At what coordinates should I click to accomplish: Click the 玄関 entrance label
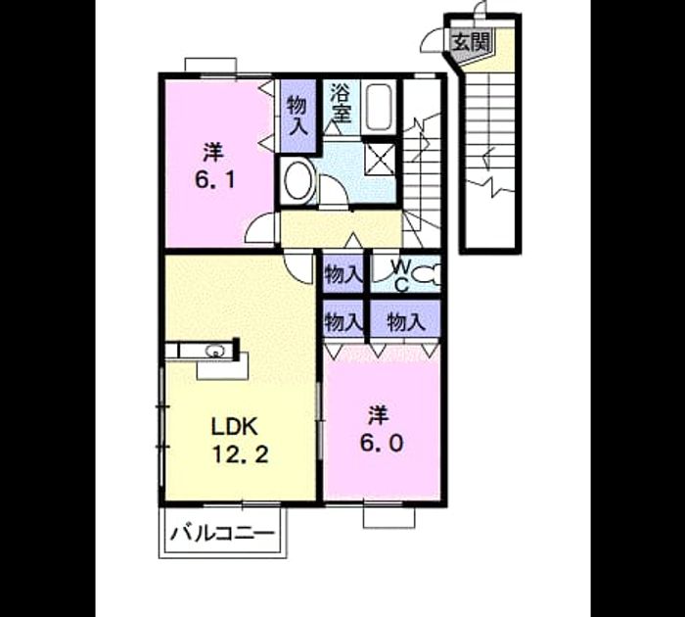coord(471,43)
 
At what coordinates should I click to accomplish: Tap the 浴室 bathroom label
coord(341,103)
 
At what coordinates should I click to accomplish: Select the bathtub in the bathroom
coord(379,107)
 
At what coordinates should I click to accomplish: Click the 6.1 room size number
coord(215,179)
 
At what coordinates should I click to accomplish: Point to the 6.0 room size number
coord(382,444)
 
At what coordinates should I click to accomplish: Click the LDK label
coord(234,426)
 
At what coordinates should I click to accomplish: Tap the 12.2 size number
coord(240,454)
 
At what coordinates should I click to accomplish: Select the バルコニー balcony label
coord(223,534)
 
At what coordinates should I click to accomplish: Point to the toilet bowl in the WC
coord(426,274)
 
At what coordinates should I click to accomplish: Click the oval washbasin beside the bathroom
coord(297,180)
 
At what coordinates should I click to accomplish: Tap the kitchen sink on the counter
coord(214,351)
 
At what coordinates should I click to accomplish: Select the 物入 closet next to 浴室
coord(297,116)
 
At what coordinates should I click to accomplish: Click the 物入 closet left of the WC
coord(342,275)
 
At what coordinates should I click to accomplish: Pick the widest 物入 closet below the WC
coord(405,322)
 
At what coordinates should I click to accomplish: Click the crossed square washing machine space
coord(381,159)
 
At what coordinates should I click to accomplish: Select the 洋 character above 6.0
coord(379,415)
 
